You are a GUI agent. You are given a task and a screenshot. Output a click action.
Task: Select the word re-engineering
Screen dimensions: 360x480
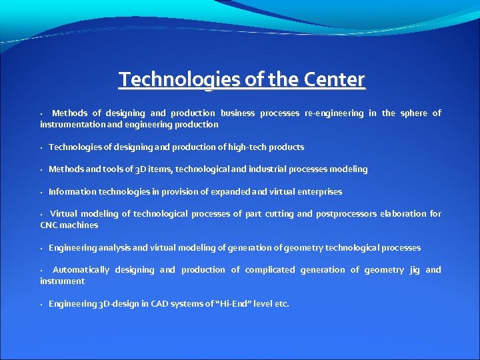tap(334, 113)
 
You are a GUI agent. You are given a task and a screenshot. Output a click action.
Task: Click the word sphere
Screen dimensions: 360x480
tap(413, 113)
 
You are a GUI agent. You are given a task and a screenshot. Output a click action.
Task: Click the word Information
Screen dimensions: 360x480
tap(73, 192)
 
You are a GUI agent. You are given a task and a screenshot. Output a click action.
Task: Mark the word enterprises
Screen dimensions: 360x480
tap(317, 192)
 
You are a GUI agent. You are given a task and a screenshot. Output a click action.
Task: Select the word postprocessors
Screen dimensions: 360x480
tap(345, 214)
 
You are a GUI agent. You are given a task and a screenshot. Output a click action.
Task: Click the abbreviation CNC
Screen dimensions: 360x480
tap(50, 225)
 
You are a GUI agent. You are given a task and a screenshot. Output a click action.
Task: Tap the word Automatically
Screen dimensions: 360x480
tap(81, 270)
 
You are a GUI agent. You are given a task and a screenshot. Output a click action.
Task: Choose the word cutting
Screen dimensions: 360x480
tap(278, 214)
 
